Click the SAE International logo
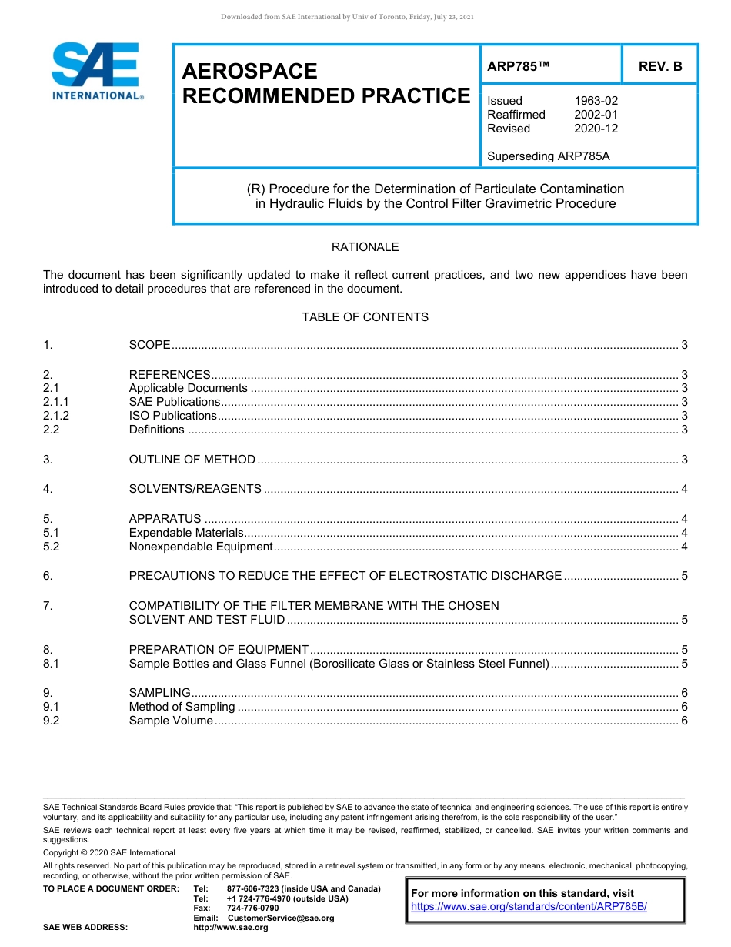95,71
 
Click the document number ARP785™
518,66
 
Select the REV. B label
659,66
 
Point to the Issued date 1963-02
596,101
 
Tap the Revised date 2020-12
596,129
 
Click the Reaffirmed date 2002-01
596,115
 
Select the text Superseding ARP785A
548,156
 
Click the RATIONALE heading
365,247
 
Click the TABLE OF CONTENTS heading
365,317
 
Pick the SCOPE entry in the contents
149,345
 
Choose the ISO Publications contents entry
172,416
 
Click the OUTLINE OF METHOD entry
192,460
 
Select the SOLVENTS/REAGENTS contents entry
195,489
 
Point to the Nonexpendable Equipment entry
200,547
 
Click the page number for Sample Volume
684,721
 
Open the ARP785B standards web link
529,907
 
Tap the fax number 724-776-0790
252,909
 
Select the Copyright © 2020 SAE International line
109,852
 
